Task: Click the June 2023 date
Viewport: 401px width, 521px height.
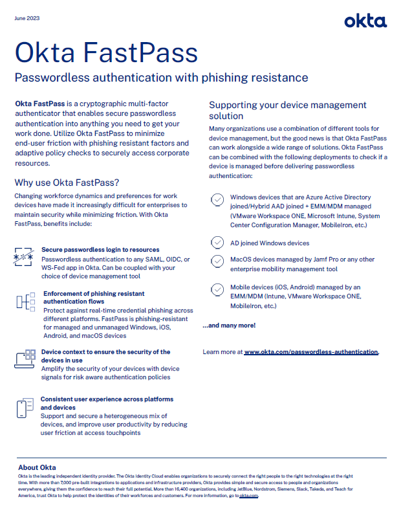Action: (x=27, y=18)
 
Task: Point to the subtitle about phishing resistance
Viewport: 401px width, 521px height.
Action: (x=161, y=78)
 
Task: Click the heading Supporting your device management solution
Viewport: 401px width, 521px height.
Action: (x=287, y=110)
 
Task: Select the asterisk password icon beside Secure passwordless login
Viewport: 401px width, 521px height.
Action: (x=23, y=257)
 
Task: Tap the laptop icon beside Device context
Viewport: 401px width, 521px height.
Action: (x=24, y=359)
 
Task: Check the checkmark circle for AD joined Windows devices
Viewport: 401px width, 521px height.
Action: (x=217, y=243)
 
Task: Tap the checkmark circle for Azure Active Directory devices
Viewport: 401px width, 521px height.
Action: (x=217, y=199)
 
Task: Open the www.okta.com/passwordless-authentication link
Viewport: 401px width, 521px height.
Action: (x=310, y=352)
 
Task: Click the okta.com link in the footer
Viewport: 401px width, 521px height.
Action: (x=248, y=495)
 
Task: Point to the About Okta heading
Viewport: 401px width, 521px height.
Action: (x=37, y=467)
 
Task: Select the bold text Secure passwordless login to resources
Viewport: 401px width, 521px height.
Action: (x=100, y=249)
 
